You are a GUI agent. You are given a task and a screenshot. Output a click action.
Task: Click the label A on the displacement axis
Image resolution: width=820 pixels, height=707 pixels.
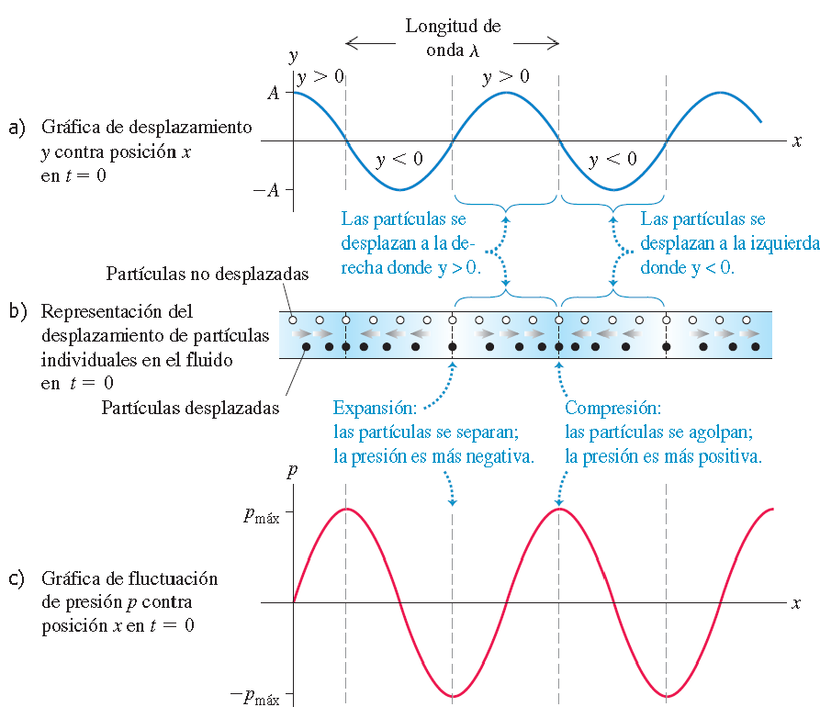(273, 93)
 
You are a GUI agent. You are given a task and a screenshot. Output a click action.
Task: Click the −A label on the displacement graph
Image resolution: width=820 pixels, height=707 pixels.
(268, 190)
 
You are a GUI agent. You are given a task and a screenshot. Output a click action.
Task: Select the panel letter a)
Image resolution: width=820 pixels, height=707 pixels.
(17, 127)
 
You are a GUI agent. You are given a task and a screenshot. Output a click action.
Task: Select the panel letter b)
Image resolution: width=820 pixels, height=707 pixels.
(17, 311)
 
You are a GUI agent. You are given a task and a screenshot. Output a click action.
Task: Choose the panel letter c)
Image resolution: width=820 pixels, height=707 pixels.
(17, 579)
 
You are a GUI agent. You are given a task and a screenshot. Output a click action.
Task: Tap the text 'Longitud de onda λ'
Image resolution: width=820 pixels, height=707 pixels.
(453, 38)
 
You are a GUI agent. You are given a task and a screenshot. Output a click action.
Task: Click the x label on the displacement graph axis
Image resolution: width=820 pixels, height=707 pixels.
(797, 140)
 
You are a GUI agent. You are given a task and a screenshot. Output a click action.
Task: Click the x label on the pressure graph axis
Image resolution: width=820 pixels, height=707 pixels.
(797, 603)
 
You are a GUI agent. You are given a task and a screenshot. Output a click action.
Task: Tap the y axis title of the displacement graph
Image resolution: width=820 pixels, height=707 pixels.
(294, 57)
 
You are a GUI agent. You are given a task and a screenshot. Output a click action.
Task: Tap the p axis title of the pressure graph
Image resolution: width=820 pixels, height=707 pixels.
(292, 473)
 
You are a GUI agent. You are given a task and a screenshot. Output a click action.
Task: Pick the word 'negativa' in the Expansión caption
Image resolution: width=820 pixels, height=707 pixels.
(500, 456)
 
